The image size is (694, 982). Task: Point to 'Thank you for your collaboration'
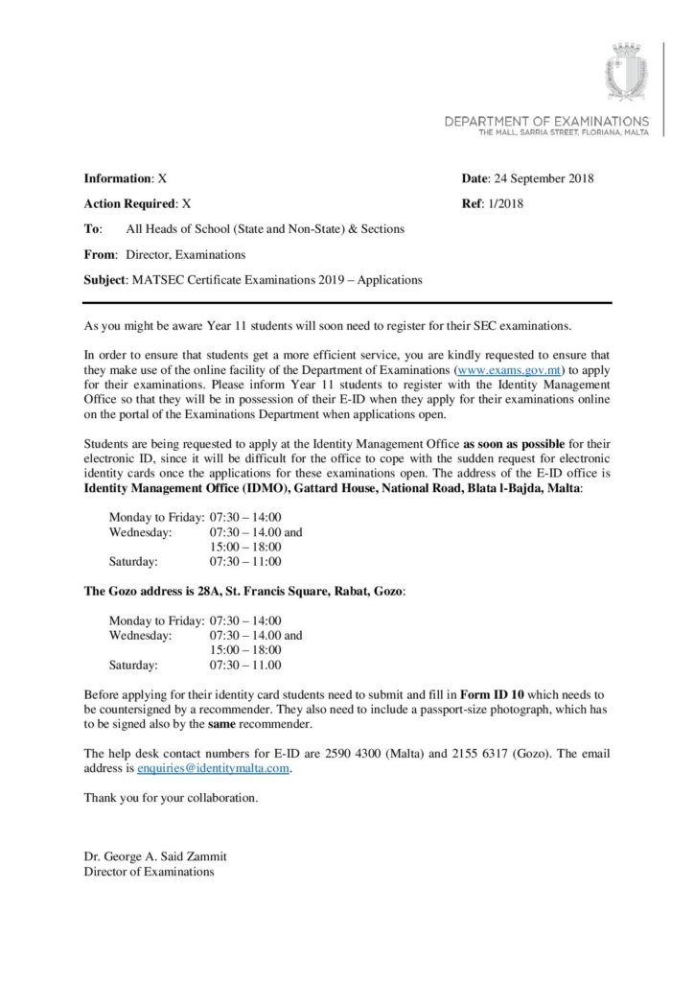pyautogui.click(x=172, y=797)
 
